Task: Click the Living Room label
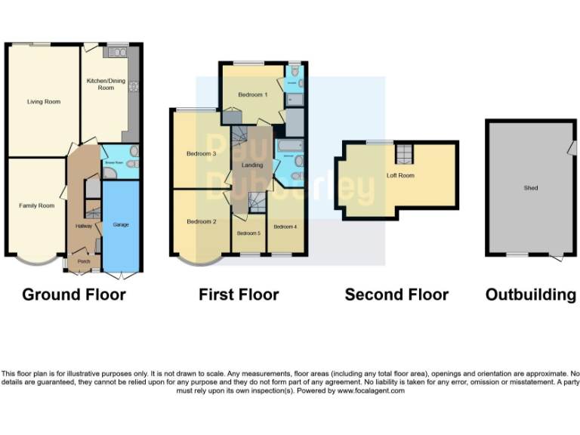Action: pos(43,101)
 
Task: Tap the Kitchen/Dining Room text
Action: pos(100,84)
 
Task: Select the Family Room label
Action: pos(37,205)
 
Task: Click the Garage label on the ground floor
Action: pos(121,225)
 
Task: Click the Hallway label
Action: pos(83,226)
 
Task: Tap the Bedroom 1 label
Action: pos(252,94)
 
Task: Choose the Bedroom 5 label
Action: pos(248,233)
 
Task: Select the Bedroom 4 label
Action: pos(285,227)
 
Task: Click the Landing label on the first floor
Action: pos(252,165)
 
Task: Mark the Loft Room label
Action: pos(400,175)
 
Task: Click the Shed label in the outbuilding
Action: pos(531,187)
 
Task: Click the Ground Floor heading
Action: pos(74,295)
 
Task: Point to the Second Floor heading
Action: pos(396,295)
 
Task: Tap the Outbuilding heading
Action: pos(531,295)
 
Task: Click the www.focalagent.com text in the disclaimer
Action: pos(370,390)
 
